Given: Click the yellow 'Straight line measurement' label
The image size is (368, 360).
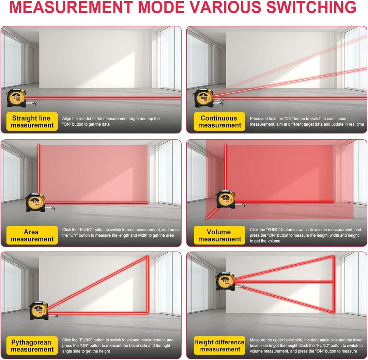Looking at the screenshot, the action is coord(32,122).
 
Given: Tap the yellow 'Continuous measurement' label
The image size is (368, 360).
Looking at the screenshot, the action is coord(219,122).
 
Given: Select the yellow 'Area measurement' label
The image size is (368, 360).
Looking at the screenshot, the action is coord(32,235).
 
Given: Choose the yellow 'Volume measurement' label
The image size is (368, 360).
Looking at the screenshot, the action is coord(219,235).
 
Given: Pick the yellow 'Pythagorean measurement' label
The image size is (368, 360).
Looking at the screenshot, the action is coord(32,345).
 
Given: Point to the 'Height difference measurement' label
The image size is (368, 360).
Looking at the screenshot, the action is coord(219,345).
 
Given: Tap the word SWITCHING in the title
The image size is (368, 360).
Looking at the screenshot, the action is coord(311,7).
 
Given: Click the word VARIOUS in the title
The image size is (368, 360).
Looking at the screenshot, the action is coord(225,7).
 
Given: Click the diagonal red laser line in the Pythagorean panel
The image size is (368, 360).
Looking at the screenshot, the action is coord(98,283).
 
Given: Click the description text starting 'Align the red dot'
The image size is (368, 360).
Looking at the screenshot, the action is coord(111,122).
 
